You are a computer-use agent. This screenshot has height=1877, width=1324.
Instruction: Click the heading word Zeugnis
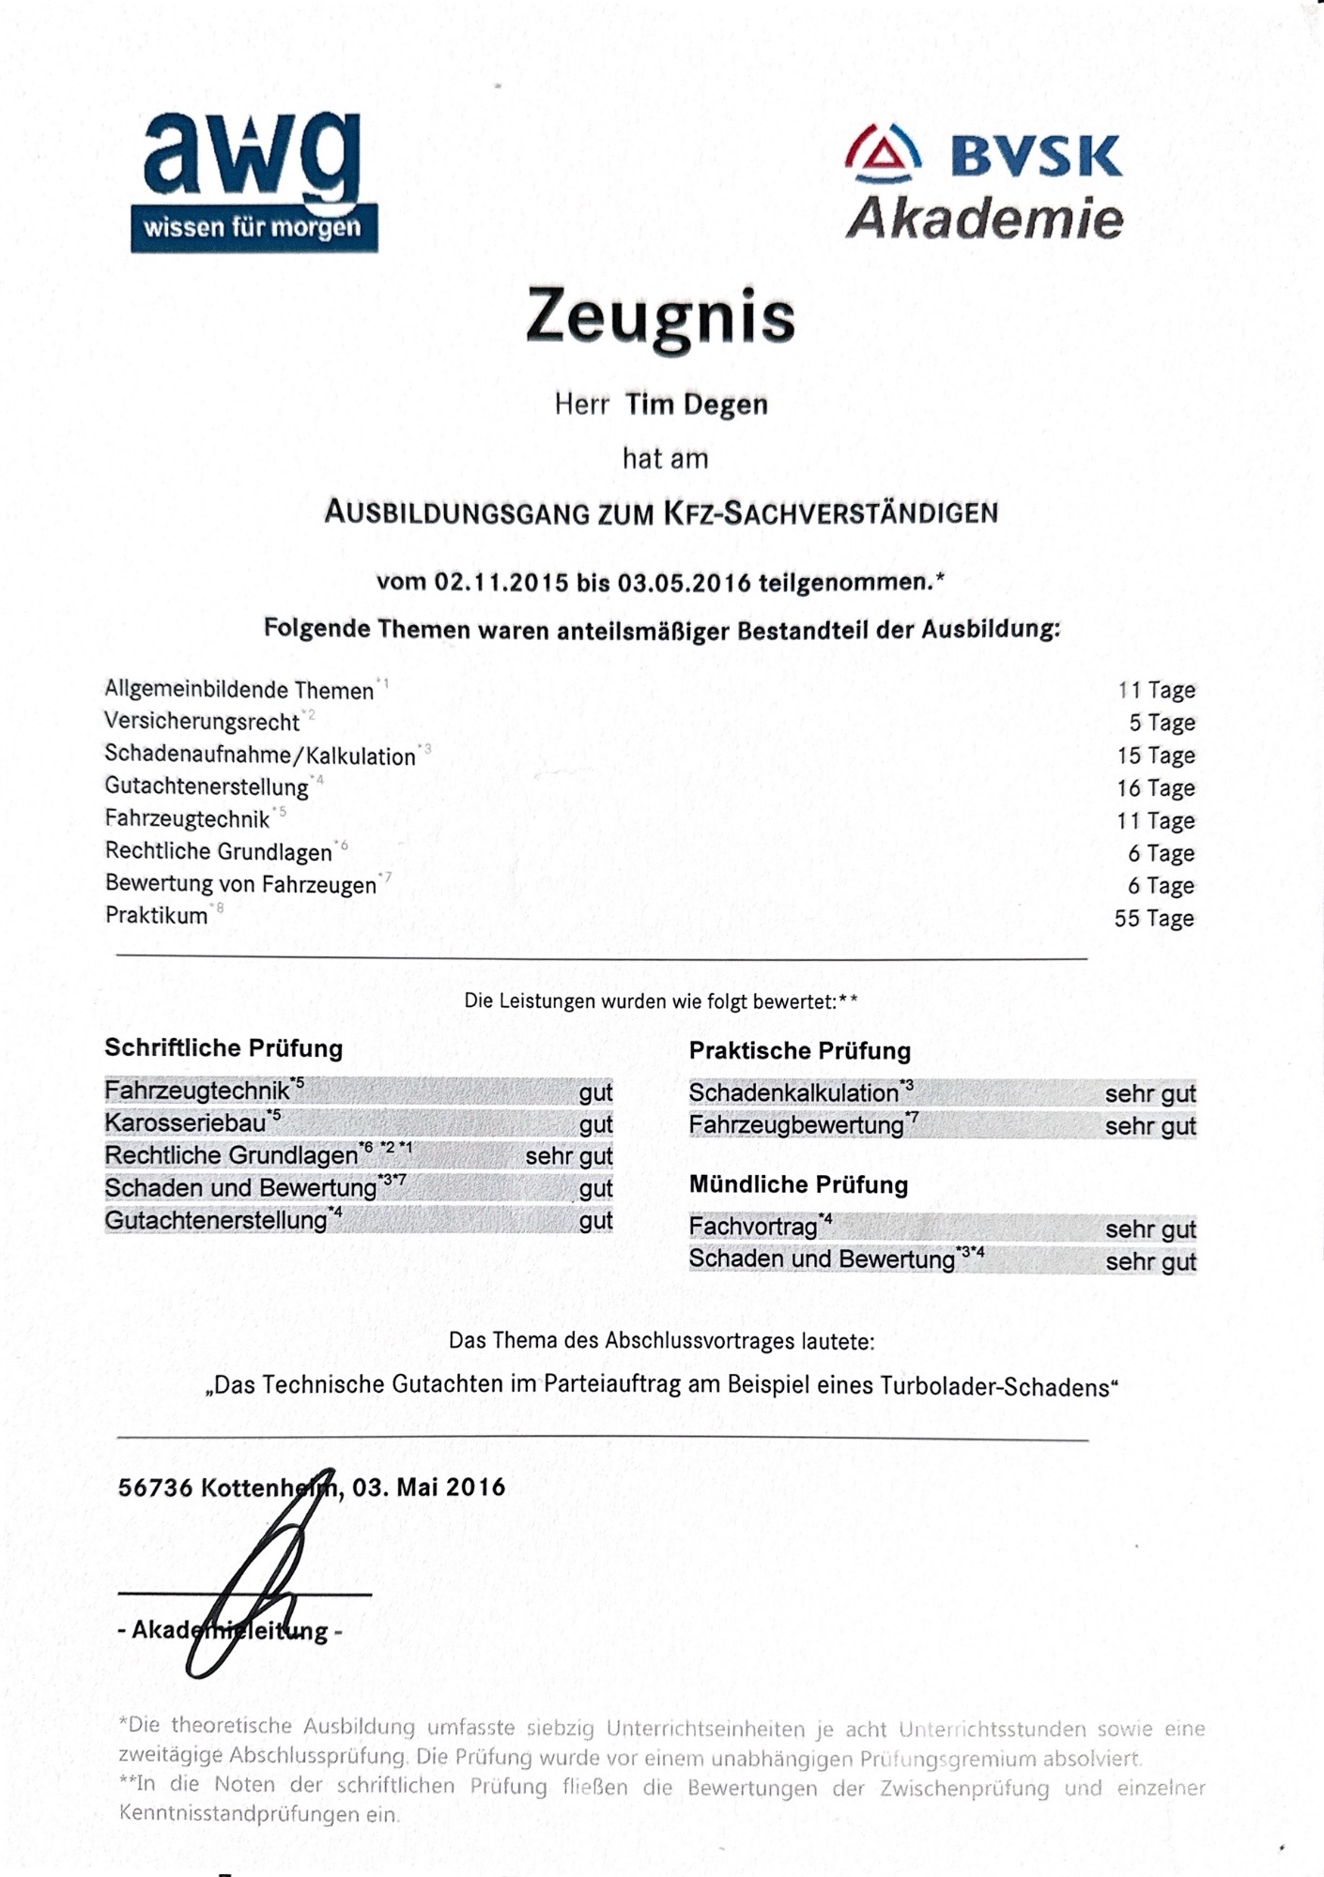coord(661,317)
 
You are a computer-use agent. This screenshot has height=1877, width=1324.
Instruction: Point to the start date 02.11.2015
coord(500,582)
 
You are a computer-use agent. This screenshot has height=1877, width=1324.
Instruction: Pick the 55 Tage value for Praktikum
coord(1154,919)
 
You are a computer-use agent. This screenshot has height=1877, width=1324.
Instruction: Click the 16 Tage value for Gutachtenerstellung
coord(1156,788)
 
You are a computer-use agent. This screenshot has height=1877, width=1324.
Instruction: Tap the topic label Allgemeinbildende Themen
coord(239,691)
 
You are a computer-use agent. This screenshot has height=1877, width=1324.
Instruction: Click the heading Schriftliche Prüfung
coord(223,1048)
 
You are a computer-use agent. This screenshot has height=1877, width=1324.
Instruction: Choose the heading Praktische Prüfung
coord(800,1051)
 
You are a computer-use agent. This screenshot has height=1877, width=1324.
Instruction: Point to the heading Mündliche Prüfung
coord(798,1184)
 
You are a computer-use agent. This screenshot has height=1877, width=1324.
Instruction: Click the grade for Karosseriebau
coord(595,1124)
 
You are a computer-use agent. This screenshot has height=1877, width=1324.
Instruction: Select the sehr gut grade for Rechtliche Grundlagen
coord(569,1156)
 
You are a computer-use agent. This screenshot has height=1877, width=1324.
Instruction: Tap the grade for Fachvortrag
coord(1150,1229)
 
